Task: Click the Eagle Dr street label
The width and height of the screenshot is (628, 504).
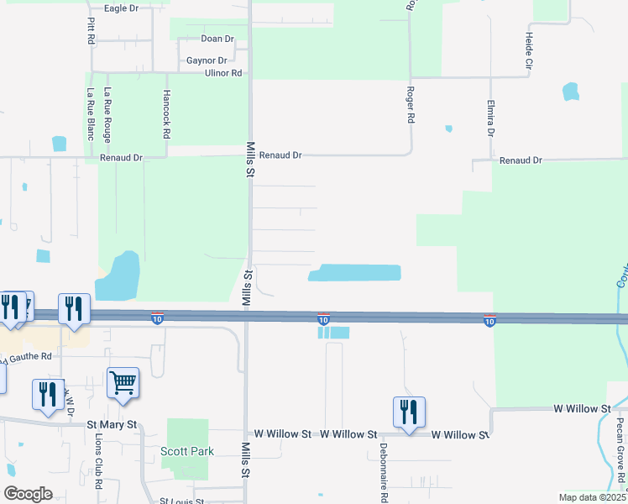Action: click(x=121, y=8)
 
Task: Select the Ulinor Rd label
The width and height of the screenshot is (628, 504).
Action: click(x=222, y=74)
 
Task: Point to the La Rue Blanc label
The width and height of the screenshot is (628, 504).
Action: click(x=90, y=114)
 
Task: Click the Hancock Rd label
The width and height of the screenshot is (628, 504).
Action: click(x=167, y=114)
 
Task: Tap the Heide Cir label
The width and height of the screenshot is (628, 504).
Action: click(x=530, y=50)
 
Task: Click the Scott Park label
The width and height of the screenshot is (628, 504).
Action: click(x=187, y=451)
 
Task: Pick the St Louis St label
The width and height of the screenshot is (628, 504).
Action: click(x=182, y=501)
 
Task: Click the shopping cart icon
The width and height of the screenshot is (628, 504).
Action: click(x=123, y=383)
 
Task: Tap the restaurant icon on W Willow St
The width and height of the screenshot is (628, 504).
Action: click(x=409, y=412)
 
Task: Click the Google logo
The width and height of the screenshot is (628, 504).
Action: click(x=28, y=494)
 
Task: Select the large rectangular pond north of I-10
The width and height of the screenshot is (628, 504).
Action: click(x=355, y=273)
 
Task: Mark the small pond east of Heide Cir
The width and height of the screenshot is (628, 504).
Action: click(x=571, y=91)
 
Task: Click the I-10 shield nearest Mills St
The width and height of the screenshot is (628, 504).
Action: click(x=157, y=318)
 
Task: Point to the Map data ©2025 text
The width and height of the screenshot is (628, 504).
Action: click(x=591, y=497)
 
